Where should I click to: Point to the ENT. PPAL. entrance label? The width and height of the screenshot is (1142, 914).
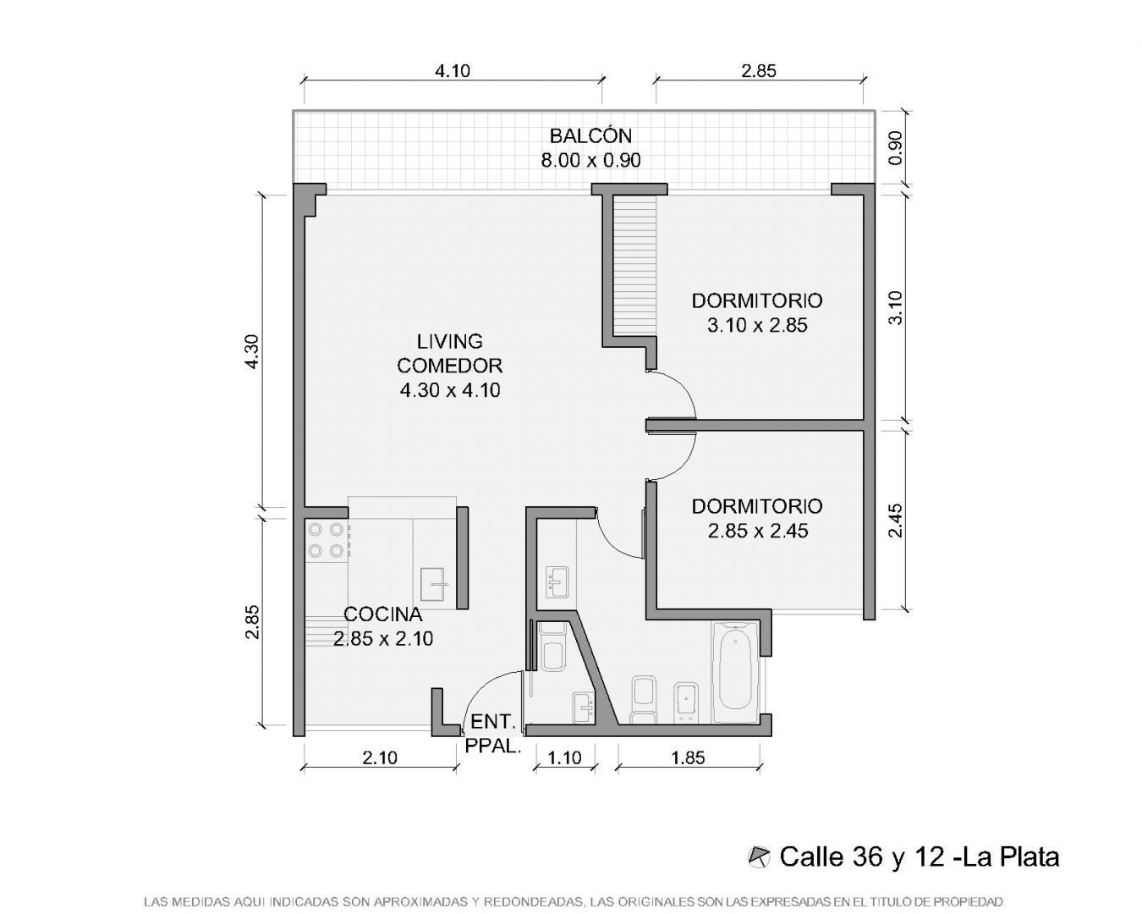pyautogui.click(x=493, y=734)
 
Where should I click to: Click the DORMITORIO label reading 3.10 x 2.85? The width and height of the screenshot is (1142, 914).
pyautogui.click(x=757, y=312)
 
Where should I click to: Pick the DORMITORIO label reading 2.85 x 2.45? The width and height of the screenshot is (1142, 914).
pyautogui.click(x=757, y=518)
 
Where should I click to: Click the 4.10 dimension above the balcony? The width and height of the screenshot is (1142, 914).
pyautogui.click(x=453, y=70)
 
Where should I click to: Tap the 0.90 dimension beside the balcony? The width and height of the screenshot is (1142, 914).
pyautogui.click(x=895, y=148)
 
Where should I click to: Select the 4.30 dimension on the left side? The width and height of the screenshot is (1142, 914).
pyautogui.click(x=253, y=351)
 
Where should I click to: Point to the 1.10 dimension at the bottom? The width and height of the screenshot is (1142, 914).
pyautogui.click(x=564, y=757)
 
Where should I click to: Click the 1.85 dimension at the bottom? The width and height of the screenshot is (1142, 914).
pyautogui.click(x=689, y=757)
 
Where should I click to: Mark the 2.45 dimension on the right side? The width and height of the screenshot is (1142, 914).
pyautogui.click(x=895, y=520)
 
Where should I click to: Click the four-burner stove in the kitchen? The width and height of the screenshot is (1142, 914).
pyautogui.click(x=327, y=540)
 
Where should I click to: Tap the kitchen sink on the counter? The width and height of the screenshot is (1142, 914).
pyautogui.click(x=434, y=584)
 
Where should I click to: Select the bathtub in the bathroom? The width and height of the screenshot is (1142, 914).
pyautogui.click(x=735, y=673)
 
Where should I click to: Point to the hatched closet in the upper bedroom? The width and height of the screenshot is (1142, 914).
pyautogui.click(x=634, y=266)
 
